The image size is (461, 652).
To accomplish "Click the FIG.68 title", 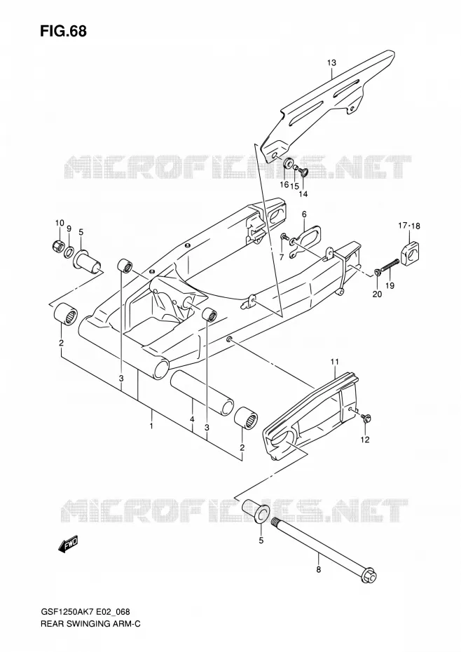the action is tap(63, 30).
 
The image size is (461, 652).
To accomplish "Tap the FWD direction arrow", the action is tap(68, 545).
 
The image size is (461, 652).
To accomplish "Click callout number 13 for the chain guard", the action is tap(331, 63).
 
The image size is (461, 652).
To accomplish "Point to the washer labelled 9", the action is tap(69, 251).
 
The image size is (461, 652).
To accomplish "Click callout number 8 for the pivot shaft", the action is tap(318, 569).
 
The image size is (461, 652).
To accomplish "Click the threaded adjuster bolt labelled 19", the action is tap(389, 266).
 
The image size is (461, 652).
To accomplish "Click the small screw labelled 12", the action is tap(366, 418).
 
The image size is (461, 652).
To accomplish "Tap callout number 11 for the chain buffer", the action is tap(335, 362).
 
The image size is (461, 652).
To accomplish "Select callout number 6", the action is tap(304, 214).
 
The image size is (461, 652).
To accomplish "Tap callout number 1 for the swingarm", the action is tap(152, 426).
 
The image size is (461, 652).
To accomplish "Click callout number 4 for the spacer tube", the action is tap(192, 420).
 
